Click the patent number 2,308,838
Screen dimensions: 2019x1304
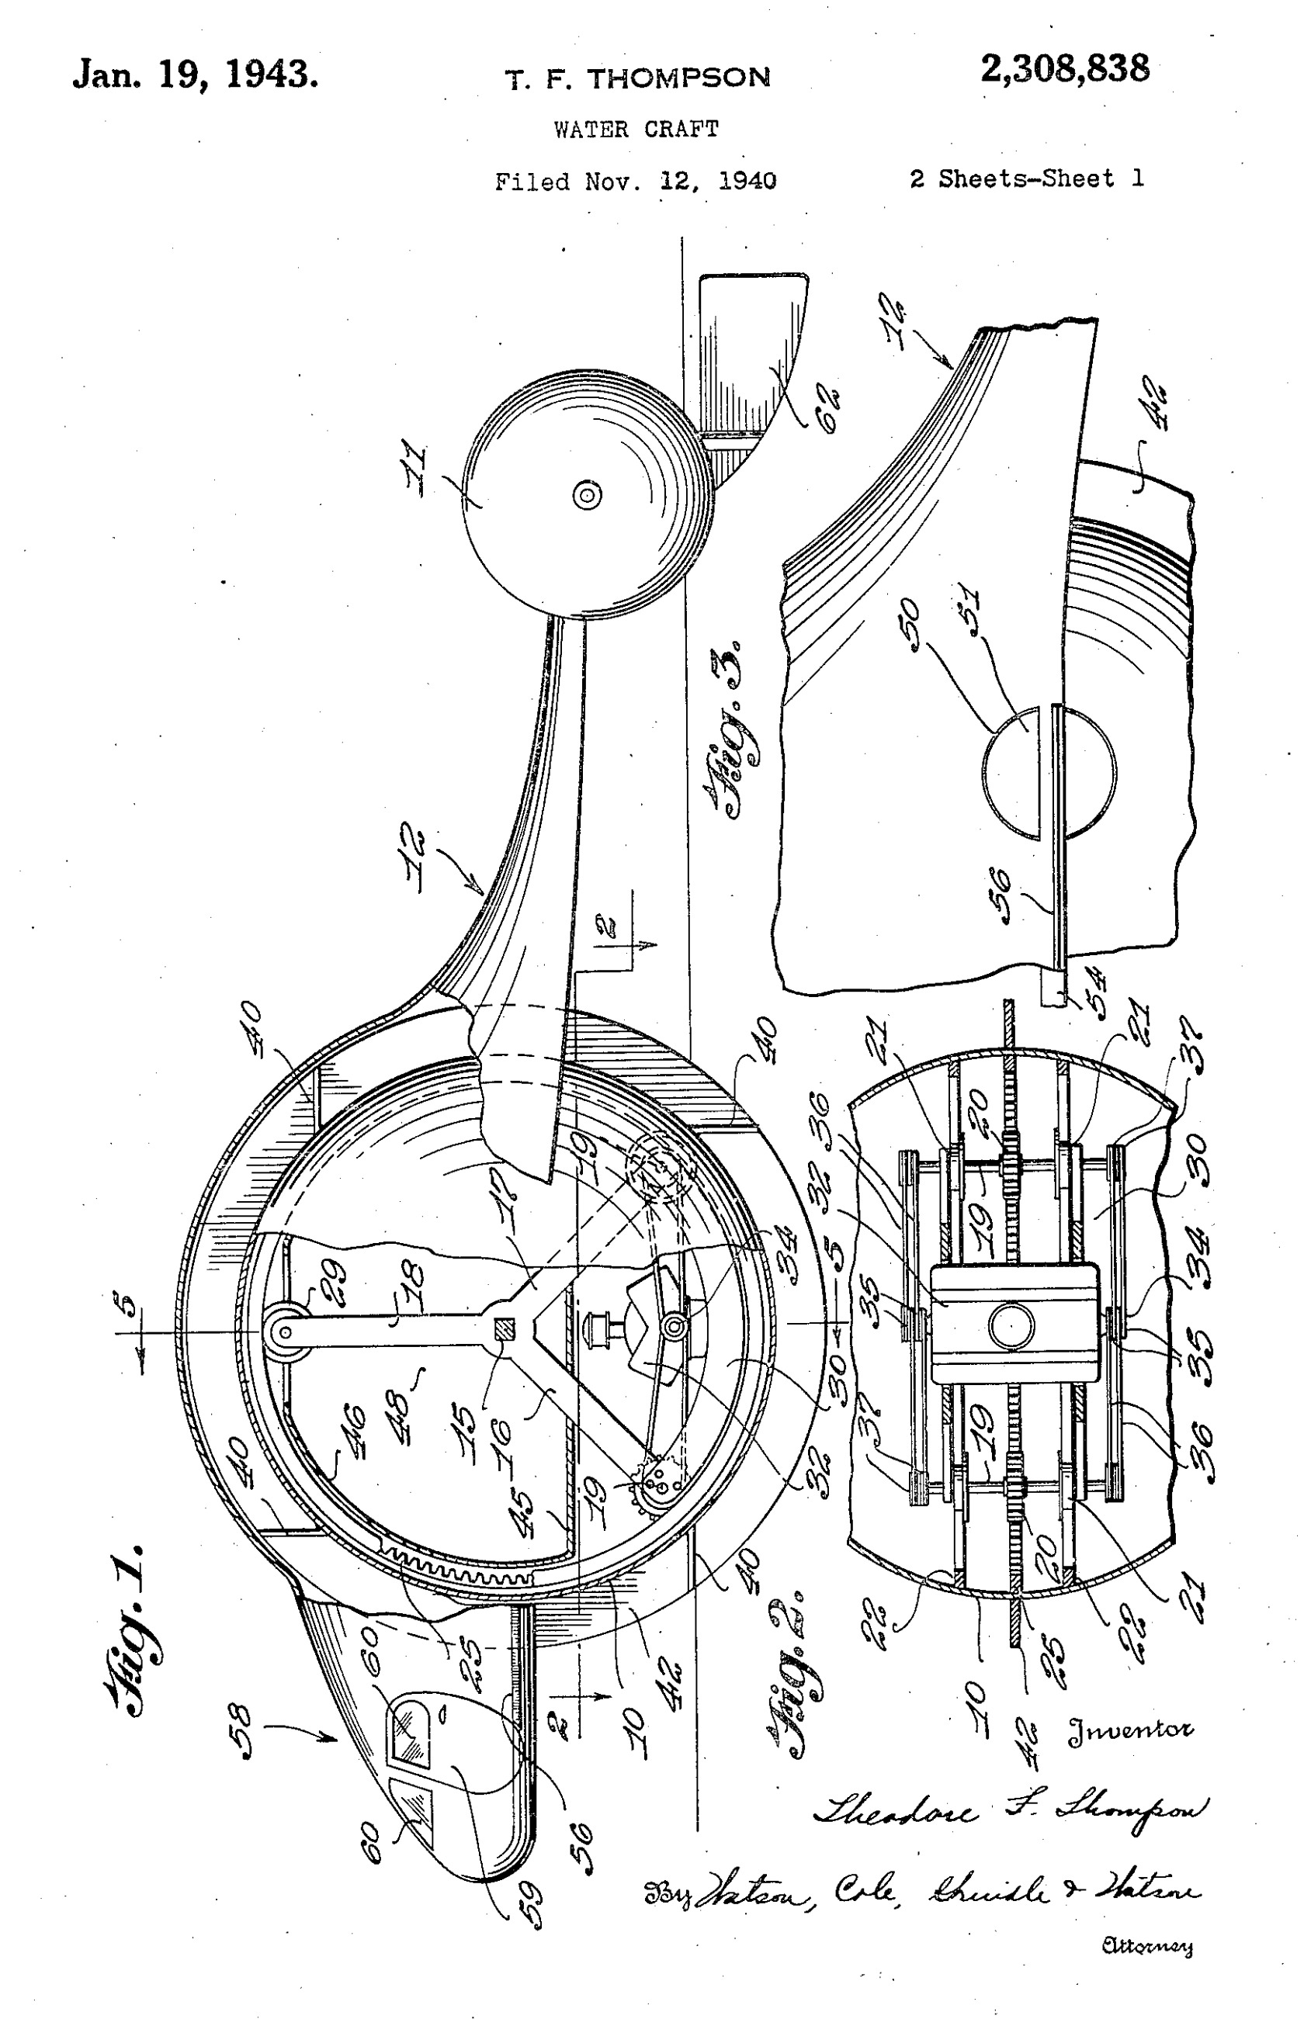1064,68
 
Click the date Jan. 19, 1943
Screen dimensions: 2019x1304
196,74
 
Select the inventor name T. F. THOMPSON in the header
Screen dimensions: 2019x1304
637,78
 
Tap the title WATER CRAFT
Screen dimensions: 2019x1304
636,130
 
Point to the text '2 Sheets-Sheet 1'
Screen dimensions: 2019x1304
1026,178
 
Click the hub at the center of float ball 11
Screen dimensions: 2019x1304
588,494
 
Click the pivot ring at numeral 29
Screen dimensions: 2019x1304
286,1332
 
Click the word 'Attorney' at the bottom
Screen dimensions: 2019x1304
1147,1946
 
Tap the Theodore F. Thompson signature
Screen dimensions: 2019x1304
1007,1810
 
